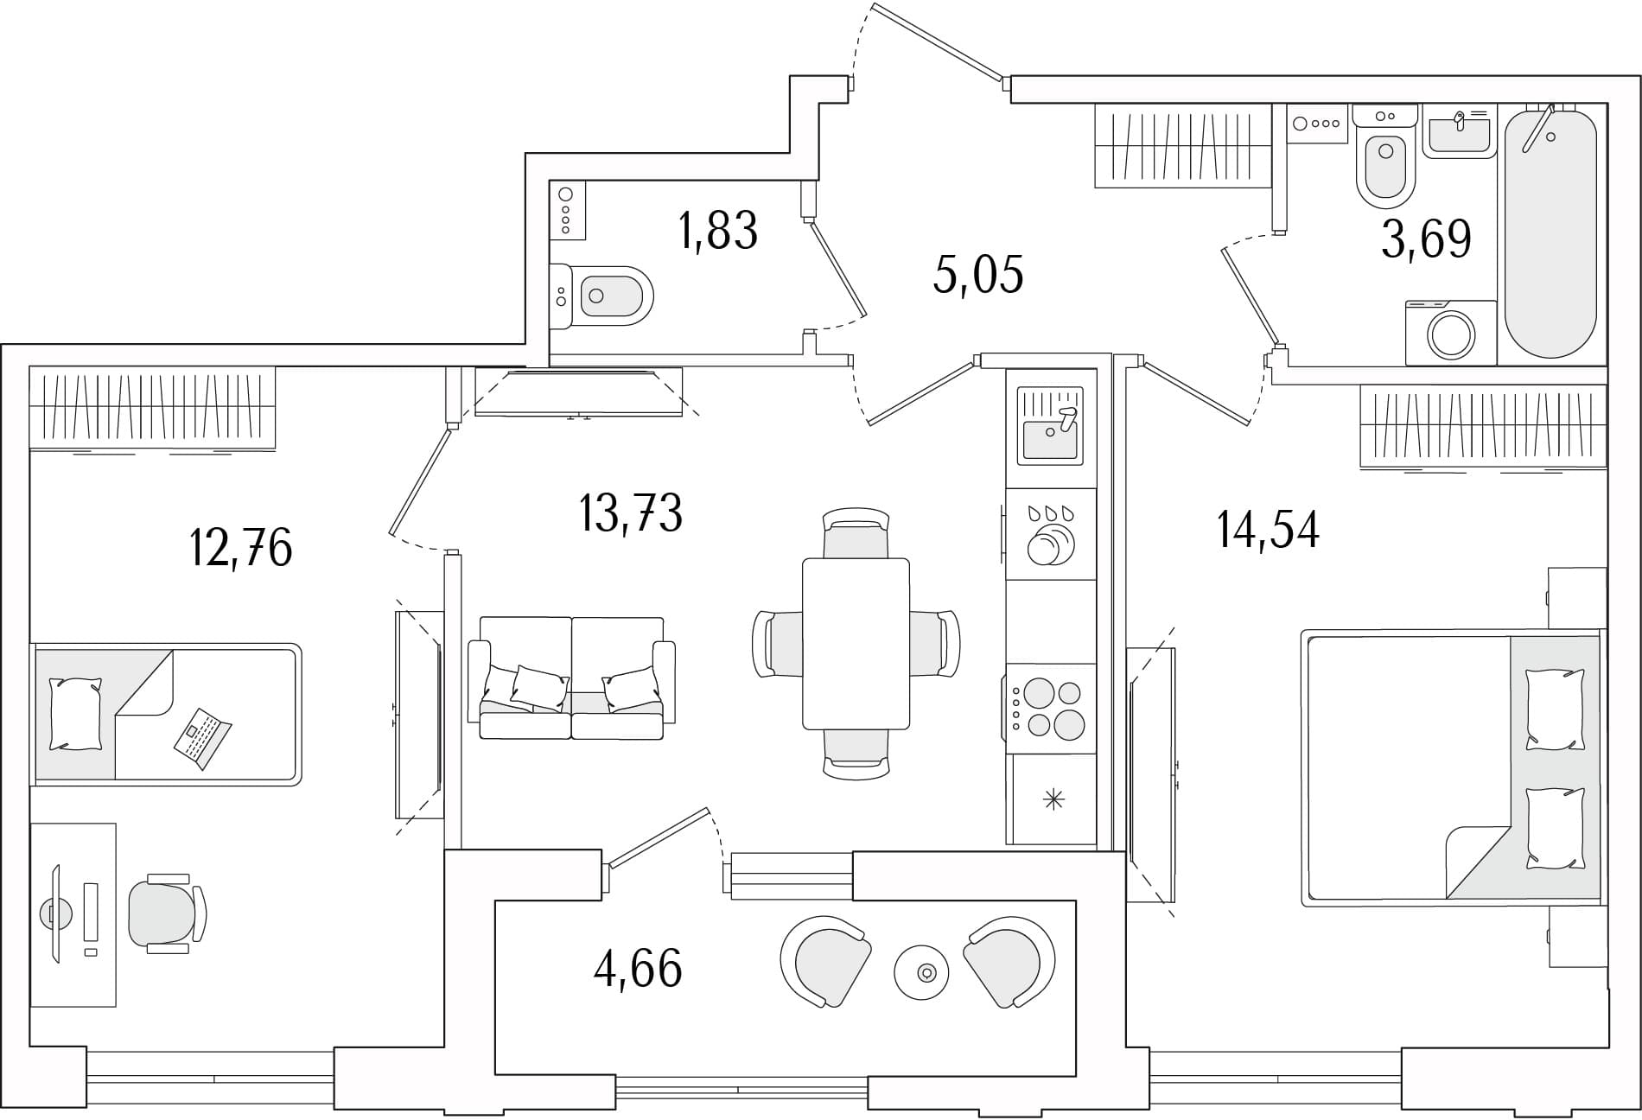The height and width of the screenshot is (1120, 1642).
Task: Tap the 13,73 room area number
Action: click(x=632, y=512)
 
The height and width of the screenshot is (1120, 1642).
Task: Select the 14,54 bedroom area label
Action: click(x=1268, y=530)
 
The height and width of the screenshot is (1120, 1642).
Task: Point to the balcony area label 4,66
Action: click(x=638, y=968)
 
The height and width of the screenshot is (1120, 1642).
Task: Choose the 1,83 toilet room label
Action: click(x=719, y=231)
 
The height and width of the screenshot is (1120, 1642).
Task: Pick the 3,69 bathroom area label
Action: click(x=1426, y=239)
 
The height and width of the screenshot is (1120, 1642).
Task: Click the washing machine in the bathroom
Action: click(x=1451, y=333)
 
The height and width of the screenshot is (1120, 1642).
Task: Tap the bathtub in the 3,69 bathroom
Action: click(x=1550, y=232)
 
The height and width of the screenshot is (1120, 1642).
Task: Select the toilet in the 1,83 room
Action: click(x=601, y=296)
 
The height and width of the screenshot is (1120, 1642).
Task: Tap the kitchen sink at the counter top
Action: click(x=1050, y=426)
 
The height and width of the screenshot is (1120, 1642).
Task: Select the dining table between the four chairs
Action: click(x=856, y=644)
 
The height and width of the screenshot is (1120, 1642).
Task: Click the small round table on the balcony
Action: click(x=921, y=973)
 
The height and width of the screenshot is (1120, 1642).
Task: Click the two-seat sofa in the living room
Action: click(x=571, y=678)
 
